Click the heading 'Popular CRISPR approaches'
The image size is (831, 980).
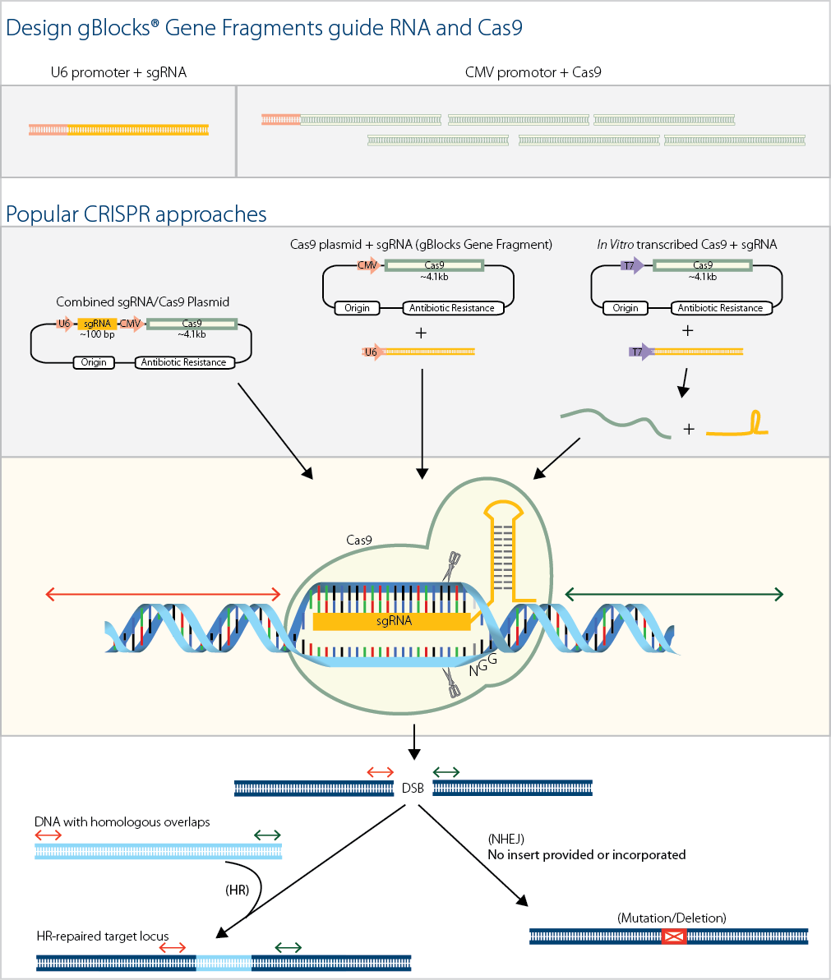(x=136, y=214)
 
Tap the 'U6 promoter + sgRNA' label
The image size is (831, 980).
(x=118, y=72)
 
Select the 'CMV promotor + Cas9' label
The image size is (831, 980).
(x=533, y=72)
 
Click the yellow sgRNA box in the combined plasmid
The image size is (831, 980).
(x=97, y=324)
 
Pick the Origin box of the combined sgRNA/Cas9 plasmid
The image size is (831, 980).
(x=94, y=362)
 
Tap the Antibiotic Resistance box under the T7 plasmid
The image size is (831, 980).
(x=720, y=308)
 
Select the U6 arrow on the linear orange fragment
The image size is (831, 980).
(x=373, y=352)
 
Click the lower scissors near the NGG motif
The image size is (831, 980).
(x=452, y=683)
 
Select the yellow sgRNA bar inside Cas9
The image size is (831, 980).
(x=393, y=621)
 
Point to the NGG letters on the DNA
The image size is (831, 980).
(x=482, y=665)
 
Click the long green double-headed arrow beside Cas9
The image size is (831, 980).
(x=674, y=595)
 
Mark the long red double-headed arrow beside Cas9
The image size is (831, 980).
(x=164, y=594)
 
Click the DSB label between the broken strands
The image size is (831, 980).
(x=413, y=789)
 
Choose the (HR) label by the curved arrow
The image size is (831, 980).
(x=237, y=890)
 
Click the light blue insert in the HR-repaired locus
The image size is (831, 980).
(x=224, y=963)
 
